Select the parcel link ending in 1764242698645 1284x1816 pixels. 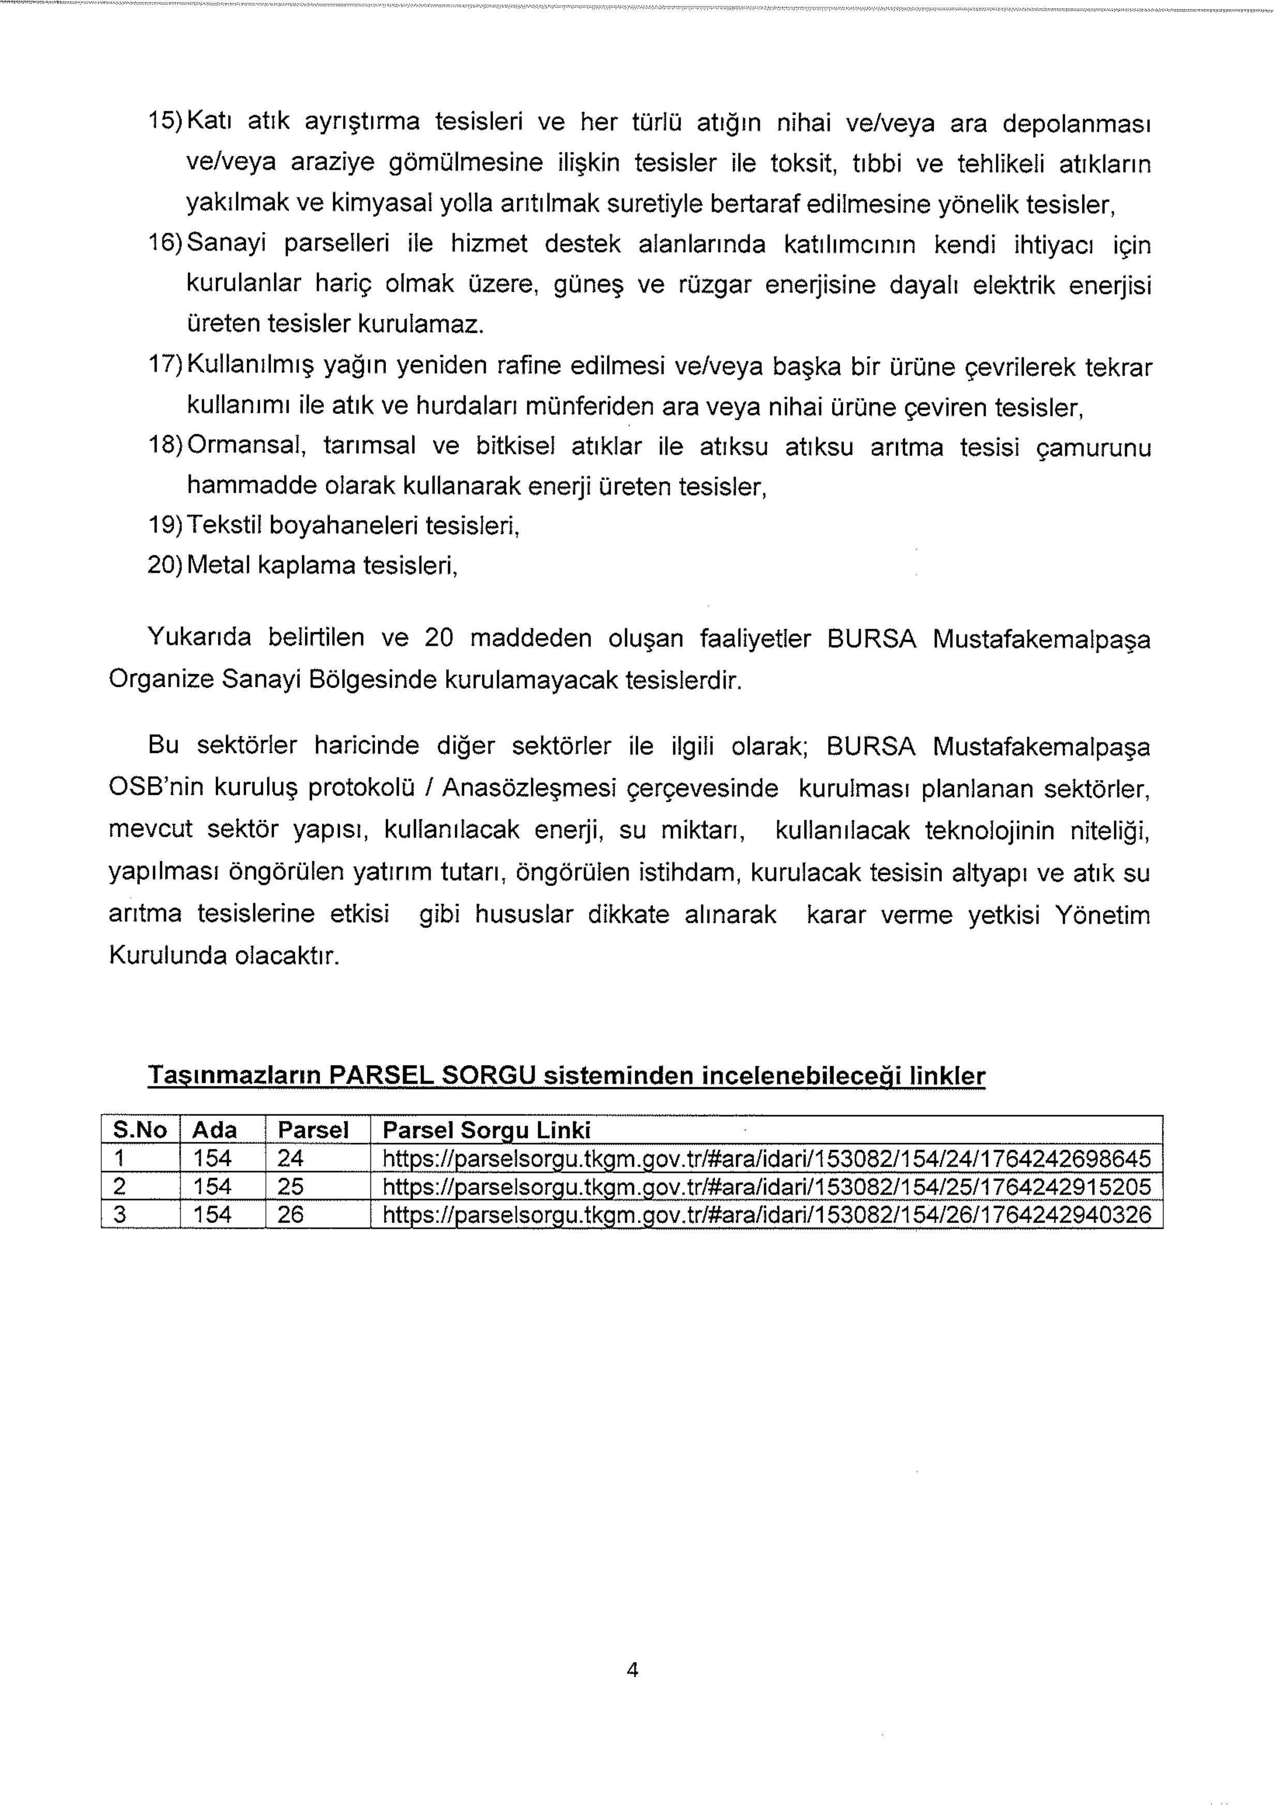[x=766, y=1159]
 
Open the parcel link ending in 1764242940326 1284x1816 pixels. [x=766, y=1214]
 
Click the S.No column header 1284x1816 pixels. [x=140, y=1130]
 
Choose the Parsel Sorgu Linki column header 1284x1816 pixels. [x=486, y=1130]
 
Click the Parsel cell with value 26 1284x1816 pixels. [x=291, y=1214]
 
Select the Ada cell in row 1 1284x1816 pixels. [x=213, y=1159]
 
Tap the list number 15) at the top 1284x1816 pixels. [x=166, y=122]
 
